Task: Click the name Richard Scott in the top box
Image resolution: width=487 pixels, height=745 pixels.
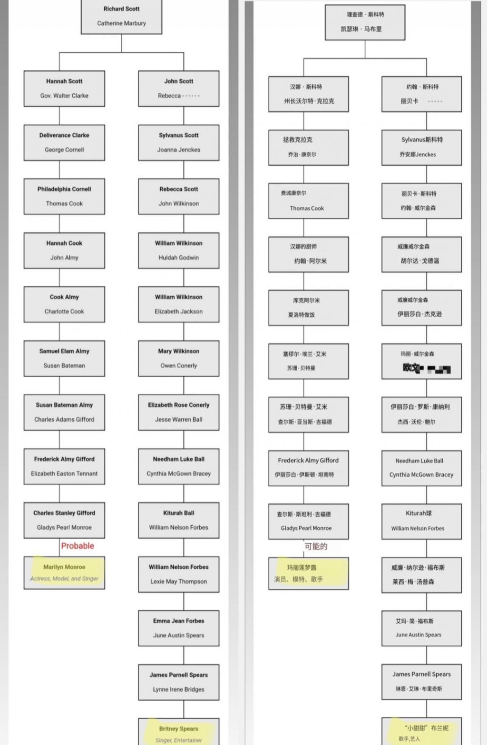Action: pyautogui.click(x=121, y=9)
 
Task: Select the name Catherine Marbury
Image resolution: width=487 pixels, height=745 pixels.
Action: pyautogui.click(x=121, y=23)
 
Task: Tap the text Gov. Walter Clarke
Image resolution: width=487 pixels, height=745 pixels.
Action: pyautogui.click(x=64, y=96)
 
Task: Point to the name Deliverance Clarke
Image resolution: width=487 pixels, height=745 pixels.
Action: pyautogui.click(x=64, y=135)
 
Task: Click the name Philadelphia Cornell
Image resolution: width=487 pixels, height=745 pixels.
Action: pyautogui.click(x=64, y=189)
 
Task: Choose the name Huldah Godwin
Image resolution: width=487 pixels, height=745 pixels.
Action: pyautogui.click(x=179, y=258)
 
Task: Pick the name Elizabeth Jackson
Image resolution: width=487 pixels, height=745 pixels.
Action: pyautogui.click(x=179, y=312)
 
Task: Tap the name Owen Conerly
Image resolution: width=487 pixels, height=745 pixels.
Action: pyautogui.click(x=179, y=366)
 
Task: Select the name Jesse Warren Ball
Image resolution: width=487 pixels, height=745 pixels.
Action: pyautogui.click(x=179, y=420)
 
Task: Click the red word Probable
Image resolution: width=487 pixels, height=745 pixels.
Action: pyautogui.click(x=78, y=546)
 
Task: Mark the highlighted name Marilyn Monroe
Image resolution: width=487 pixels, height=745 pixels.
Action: pyautogui.click(x=64, y=567)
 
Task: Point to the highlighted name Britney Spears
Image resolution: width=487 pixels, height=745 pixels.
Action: pyautogui.click(x=179, y=729)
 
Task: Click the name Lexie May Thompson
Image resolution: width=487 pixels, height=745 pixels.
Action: pyautogui.click(x=179, y=582)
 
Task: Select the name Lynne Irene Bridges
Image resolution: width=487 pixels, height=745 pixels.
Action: pyautogui.click(x=179, y=689)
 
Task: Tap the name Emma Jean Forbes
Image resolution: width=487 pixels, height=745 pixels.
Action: pyautogui.click(x=179, y=621)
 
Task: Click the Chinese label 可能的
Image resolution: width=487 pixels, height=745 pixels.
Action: pyautogui.click(x=316, y=546)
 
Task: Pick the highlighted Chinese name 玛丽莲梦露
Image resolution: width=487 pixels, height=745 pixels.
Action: pyautogui.click(x=302, y=568)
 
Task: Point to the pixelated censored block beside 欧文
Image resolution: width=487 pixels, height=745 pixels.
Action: pyautogui.click(x=438, y=369)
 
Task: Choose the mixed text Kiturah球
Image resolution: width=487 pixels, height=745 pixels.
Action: pyautogui.click(x=419, y=513)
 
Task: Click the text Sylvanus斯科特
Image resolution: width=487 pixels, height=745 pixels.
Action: pyautogui.click(x=422, y=140)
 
